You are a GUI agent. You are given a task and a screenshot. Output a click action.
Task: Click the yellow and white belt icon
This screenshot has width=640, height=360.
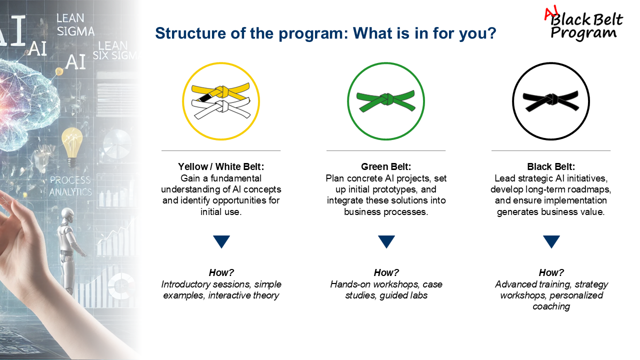click(221, 101)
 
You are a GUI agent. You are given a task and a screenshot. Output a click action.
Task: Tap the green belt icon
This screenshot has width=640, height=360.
click(386, 101)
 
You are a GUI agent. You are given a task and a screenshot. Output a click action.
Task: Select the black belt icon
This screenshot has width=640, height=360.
click(551, 101)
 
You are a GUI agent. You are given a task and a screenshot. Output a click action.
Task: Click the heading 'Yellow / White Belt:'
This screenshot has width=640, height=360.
click(221, 166)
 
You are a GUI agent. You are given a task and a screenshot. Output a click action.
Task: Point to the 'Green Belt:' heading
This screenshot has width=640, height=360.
click(386, 166)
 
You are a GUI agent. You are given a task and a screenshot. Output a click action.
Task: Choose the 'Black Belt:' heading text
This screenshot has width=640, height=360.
click(551, 166)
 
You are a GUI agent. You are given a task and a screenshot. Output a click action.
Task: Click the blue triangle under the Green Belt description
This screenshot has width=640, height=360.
click(386, 241)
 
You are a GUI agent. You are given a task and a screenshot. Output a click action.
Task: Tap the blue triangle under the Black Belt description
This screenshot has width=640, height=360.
click(551, 241)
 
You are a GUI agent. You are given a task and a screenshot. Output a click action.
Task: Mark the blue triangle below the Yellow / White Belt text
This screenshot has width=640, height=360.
click(221, 241)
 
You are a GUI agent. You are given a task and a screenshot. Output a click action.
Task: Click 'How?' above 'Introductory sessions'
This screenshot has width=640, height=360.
click(221, 272)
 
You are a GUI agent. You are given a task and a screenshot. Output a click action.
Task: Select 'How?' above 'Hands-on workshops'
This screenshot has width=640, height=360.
click(386, 272)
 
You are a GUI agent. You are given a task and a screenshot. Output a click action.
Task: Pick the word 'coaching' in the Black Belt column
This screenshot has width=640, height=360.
click(551, 306)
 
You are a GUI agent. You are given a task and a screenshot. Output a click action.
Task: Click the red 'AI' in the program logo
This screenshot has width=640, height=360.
click(551, 13)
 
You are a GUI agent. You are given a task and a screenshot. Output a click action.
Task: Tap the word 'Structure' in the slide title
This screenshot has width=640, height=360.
click(190, 33)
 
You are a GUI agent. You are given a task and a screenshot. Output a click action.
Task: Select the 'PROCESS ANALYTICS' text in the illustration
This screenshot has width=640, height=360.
click(70, 185)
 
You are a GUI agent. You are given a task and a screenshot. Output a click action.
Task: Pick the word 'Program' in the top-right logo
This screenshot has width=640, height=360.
click(583, 33)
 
